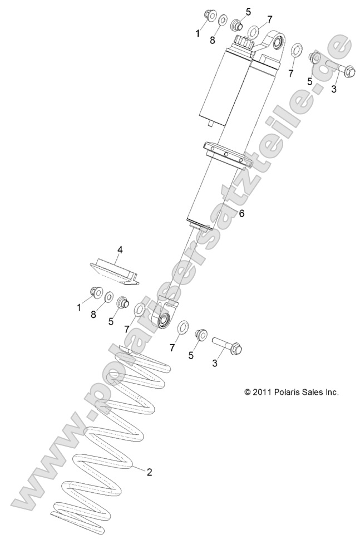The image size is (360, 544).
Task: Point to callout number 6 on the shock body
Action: pos(241,213)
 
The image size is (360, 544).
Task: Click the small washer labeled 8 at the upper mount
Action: pos(222,21)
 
